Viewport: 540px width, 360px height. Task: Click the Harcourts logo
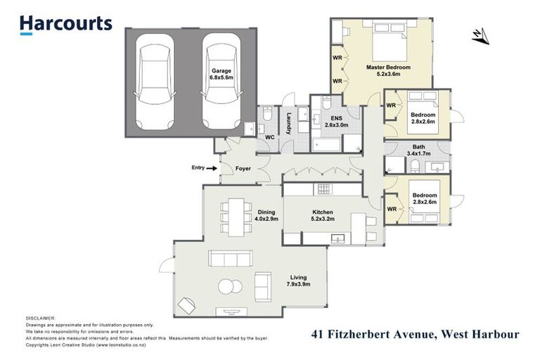[x=65, y=24]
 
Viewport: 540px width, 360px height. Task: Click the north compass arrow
[x=480, y=35]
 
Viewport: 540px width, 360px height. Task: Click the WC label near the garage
[x=269, y=137]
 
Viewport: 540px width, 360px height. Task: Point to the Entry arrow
[x=211, y=168]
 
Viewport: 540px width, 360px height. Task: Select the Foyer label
[x=243, y=169]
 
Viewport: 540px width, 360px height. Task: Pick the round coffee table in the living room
[x=229, y=285]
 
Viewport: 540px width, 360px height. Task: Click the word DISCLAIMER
[x=40, y=319]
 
